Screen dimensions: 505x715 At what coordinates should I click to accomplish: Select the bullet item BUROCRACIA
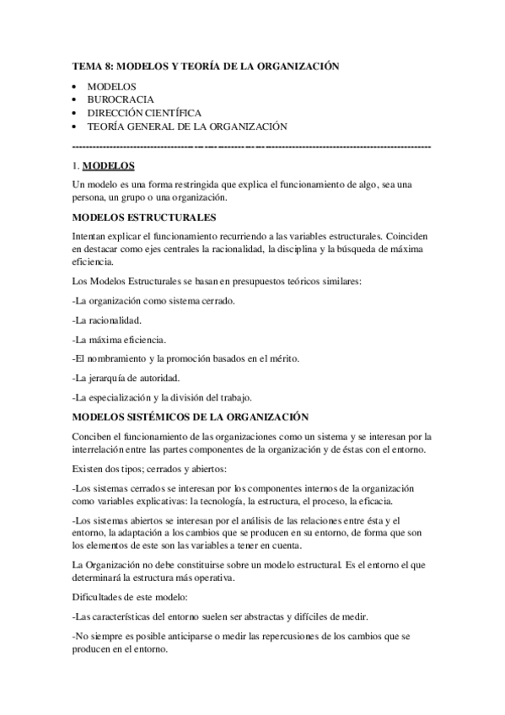point(116,99)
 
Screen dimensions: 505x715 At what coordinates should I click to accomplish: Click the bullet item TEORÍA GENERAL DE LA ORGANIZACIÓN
point(187,126)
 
